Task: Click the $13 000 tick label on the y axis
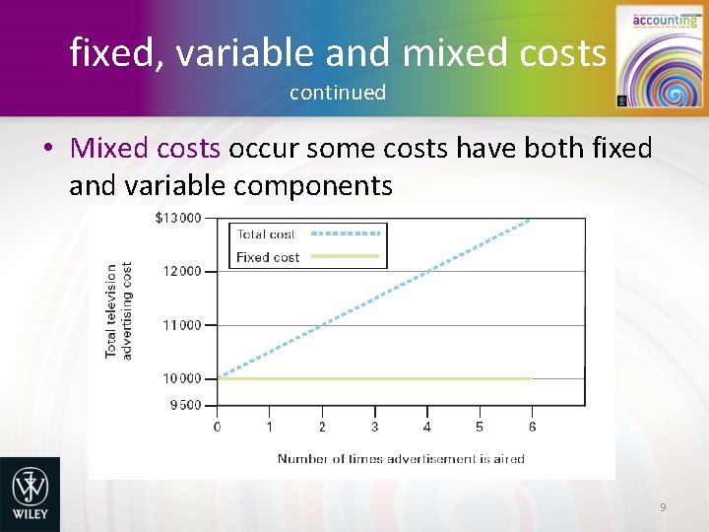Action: [x=177, y=218]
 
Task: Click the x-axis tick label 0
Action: [x=218, y=427]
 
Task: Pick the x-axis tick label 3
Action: [x=374, y=427]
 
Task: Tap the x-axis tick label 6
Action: [x=532, y=427]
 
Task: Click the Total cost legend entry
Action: [x=266, y=234]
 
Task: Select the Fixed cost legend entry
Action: [x=268, y=257]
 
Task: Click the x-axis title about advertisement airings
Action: [x=401, y=458]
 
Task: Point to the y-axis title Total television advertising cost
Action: [x=118, y=309]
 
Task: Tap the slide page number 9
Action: [x=663, y=506]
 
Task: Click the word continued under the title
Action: [x=338, y=93]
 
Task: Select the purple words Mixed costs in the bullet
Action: [x=146, y=149]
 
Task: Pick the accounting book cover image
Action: [x=653, y=56]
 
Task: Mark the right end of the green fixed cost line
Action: [x=532, y=378]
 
